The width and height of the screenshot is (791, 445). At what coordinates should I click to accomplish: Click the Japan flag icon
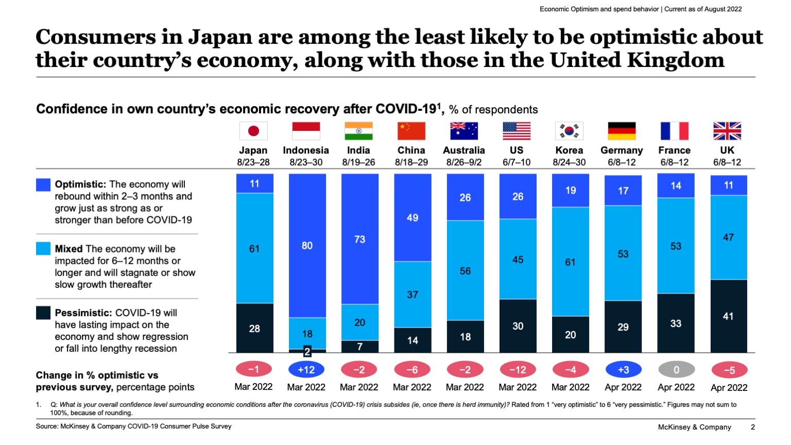[x=253, y=131]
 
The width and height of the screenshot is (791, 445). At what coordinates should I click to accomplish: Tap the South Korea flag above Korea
[x=569, y=131]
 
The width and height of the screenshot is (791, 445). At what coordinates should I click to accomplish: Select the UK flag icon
[x=727, y=131]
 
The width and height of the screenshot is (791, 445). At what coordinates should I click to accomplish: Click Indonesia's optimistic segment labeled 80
[x=307, y=245]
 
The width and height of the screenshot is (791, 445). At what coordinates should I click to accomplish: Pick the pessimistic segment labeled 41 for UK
[x=728, y=316]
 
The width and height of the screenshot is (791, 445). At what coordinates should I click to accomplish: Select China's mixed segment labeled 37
[x=412, y=294]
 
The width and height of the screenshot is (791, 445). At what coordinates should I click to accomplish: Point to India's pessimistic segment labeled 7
[x=359, y=347]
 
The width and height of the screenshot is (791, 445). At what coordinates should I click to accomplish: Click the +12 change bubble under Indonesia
[x=306, y=369]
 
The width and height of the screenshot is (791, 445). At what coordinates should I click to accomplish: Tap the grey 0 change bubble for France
[x=676, y=369]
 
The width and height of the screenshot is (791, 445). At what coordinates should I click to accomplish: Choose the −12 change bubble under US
[x=518, y=369]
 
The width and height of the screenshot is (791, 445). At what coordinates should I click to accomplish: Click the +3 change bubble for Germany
[x=623, y=369]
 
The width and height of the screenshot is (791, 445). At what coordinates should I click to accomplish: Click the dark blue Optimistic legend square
[x=43, y=185]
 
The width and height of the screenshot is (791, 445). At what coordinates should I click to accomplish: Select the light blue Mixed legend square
[x=43, y=249]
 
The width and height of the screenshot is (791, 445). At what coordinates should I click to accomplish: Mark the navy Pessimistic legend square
[x=43, y=313]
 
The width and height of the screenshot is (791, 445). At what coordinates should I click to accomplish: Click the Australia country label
[x=463, y=150]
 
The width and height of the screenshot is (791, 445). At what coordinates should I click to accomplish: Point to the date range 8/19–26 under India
[x=358, y=162]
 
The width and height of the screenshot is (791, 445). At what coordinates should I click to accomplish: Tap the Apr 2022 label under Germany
[x=623, y=387]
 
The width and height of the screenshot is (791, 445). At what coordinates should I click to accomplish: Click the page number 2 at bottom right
[x=752, y=427]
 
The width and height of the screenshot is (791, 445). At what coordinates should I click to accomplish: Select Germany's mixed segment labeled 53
[x=623, y=253]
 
